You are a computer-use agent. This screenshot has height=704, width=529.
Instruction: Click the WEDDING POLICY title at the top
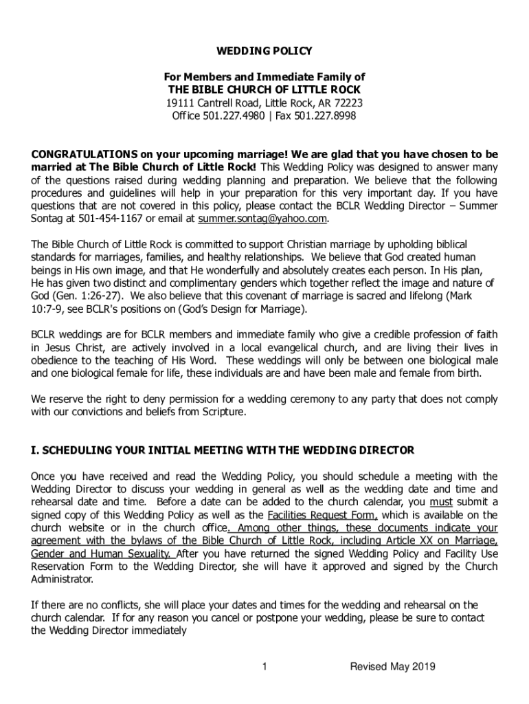coord(264,51)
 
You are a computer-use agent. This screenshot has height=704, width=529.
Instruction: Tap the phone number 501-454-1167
coord(98,219)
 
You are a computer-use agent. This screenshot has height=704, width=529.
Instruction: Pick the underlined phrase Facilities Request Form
coord(322,515)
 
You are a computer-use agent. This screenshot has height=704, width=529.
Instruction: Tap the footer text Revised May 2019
coord(392,667)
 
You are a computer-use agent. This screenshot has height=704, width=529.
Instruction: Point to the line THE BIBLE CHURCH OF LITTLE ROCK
coord(264,90)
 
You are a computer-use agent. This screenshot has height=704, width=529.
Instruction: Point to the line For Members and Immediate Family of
coord(264,77)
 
